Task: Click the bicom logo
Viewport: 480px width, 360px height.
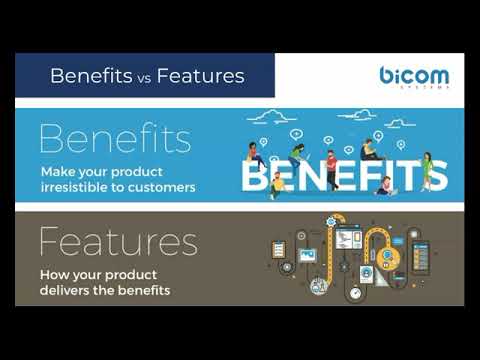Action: click(414, 77)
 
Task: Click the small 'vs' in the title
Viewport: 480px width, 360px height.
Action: click(144, 79)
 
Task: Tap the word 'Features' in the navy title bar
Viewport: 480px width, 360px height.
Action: click(201, 76)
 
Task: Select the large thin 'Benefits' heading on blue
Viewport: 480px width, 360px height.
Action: click(115, 138)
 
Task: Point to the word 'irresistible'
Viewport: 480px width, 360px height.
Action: click(74, 187)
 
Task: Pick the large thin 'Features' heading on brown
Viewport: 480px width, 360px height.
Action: click(119, 241)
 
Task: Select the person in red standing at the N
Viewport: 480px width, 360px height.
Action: click(331, 170)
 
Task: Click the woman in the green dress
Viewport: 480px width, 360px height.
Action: click(427, 171)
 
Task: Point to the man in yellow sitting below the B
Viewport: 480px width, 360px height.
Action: click(276, 186)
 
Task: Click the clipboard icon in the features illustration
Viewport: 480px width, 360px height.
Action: click(279, 249)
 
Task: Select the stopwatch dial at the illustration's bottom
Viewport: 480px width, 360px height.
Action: click(355, 293)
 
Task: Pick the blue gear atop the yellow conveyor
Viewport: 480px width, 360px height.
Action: click(331, 221)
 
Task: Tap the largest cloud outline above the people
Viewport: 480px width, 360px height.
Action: click(272, 117)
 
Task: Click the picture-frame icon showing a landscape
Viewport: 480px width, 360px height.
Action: click(307, 255)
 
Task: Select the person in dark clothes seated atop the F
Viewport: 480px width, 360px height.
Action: click(369, 150)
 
